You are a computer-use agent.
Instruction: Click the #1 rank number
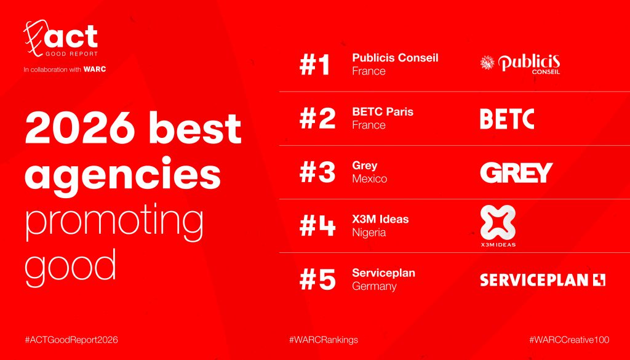[x=314, y=65]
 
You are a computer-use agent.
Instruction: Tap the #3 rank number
[x=317, y=172]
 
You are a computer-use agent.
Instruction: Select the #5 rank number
[x=317, y=279]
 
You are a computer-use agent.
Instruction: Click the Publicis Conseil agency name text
[x=395, y=58]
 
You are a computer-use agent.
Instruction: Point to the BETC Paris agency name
[x=383, y=112]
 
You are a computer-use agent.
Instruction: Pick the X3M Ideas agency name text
[x=380, y=219]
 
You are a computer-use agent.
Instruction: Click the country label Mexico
[x=369, y=179]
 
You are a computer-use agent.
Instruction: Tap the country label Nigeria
[x=369, y=233]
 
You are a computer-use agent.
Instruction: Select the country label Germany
[x=374, y=287]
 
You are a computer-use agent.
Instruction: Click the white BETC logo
[x=507, y=119]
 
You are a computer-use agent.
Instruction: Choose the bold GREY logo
[x=516, y=172]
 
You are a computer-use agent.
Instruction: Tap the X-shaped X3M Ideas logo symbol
[x=498, y=222]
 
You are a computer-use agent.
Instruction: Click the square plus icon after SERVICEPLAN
[x=599, y=279]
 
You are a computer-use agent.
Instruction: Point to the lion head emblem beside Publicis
[x=487, y=63]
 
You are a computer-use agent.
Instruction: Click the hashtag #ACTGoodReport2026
[x=71, y=340]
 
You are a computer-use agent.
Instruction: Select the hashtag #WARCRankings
[x=324, y=340]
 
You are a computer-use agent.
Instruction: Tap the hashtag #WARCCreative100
[x=569, y=340]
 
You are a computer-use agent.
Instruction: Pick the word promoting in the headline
[x=114, y=223]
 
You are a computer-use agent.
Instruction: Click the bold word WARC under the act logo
[x=95, y=70]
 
